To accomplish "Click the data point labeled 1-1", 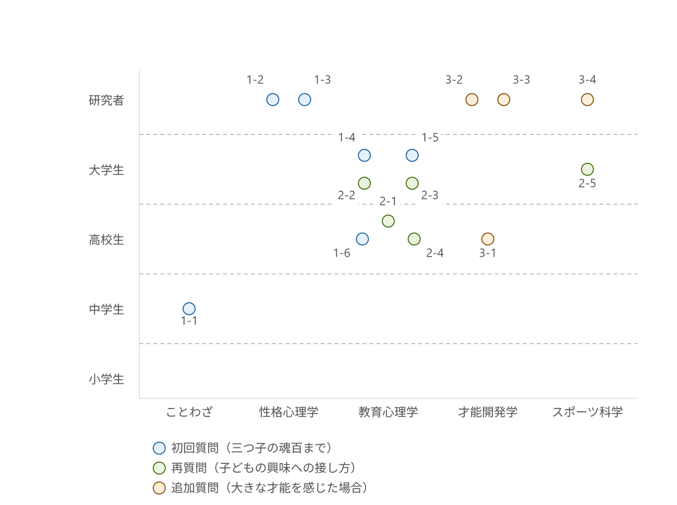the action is coord(189,309).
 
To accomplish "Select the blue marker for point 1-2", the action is coord(272,100).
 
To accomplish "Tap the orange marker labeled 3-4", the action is coord(587,100).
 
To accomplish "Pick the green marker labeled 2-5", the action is coord(587,169).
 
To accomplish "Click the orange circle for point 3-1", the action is coord(487,239).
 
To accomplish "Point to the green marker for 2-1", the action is coord(388,221).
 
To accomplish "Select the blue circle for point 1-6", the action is coord(362,239).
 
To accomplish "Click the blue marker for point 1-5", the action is coord(412,155).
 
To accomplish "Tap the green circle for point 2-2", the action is coord(364,183).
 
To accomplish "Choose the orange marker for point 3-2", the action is coord(472,100).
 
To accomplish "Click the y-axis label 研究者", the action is coord(107,100).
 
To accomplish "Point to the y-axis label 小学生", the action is coord(107,379).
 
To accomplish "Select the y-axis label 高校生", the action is coord(107,240).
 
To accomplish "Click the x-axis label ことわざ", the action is coord(190,412).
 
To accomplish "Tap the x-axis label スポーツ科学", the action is coord(587,412).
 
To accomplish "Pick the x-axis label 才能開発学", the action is coord(487,412).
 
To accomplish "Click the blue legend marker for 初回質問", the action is coord(159,448).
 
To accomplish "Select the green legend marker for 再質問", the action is coord(159,468).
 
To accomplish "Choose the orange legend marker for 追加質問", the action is coord(159,488).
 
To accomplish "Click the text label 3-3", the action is coord(521,80).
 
